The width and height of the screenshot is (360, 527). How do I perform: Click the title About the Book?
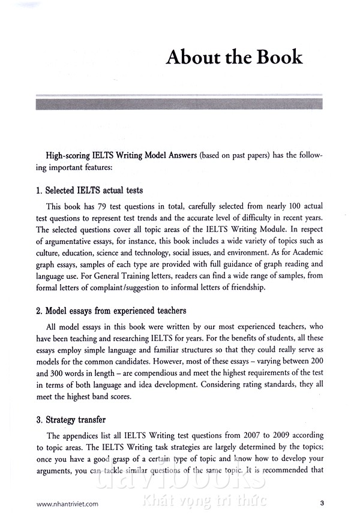(x=234, y=58)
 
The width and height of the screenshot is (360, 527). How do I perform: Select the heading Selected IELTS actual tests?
(x=89, y=191)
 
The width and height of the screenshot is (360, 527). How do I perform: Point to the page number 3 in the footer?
(x=322, y=504)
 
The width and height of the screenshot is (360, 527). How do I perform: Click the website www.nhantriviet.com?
(x=67, y=504)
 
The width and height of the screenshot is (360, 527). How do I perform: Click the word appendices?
(x=91, y=435)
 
